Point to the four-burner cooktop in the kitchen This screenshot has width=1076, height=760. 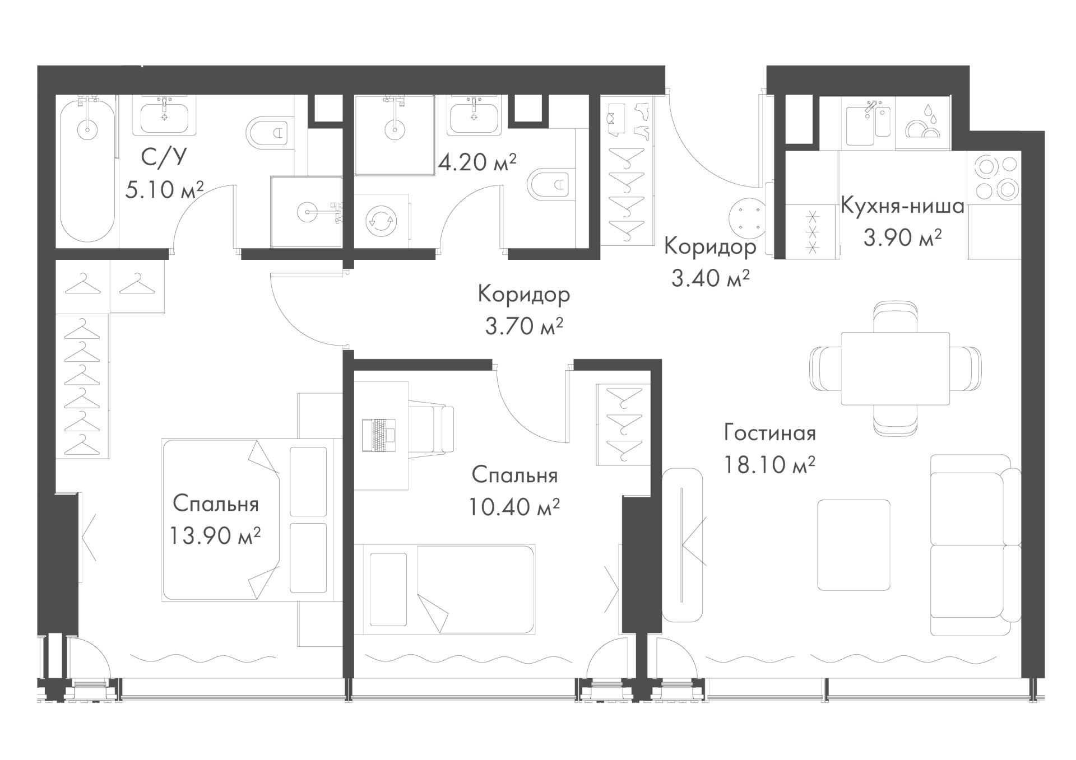(x=996, y=178)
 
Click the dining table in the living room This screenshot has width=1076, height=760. (x=895, y=369)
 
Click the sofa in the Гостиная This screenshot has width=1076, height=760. (x=976, y=545)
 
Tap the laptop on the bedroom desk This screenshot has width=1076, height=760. (x=378, y=435)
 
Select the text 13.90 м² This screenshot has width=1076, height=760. (x=216, y=536)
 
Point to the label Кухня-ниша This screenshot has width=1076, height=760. (x=902, y=207)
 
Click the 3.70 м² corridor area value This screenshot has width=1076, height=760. (x=524, y=326)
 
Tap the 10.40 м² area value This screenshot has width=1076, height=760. (x=514, y=507)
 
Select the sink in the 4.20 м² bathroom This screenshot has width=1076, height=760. (x=474, y=115)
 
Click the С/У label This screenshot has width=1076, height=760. (x=163, y=158)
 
